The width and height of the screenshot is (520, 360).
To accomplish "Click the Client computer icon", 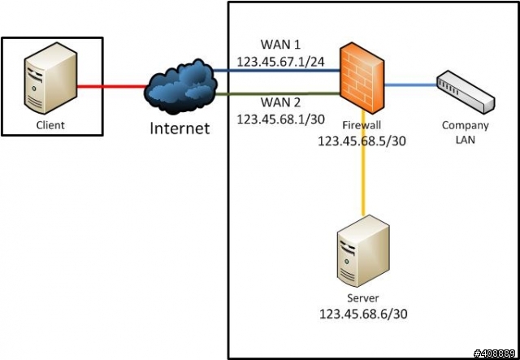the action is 50,78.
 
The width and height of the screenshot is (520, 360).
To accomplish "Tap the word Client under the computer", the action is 50,125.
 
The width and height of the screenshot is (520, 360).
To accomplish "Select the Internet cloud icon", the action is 181,87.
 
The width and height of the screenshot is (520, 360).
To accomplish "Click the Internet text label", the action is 180,128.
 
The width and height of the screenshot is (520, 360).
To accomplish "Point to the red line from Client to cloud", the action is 112,87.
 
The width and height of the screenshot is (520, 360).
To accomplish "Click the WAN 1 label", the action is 280,45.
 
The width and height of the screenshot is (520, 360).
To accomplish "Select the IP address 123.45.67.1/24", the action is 280,62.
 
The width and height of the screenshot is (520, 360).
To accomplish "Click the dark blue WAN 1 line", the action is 276,71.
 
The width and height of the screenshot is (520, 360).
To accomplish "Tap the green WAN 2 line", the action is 278,94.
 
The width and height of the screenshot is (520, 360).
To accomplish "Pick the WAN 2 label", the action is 280,102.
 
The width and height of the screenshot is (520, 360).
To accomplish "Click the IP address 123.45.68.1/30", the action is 280,119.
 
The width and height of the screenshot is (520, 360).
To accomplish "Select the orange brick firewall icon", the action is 362,78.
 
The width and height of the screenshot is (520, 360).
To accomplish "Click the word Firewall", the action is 362,125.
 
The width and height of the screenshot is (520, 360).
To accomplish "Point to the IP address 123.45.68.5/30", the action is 362,141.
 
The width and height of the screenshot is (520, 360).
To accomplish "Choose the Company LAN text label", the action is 466,132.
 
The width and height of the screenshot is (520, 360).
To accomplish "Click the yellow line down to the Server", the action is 363,163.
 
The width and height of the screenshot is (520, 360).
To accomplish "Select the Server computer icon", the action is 363,251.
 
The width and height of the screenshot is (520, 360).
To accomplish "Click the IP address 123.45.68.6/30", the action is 363,314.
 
